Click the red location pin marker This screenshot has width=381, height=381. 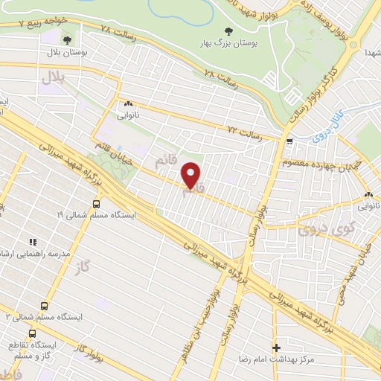click(191, 174)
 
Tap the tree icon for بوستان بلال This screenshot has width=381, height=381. click(68, 39)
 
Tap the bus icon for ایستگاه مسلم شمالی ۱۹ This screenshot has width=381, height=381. click(97, 202)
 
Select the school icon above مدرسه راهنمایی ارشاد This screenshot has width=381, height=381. click(32, 242)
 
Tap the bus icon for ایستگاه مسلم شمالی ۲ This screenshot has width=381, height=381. click(45, 305)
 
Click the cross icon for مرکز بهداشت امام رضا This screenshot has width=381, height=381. click(276, 348)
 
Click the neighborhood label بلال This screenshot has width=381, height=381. click(54, 77)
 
